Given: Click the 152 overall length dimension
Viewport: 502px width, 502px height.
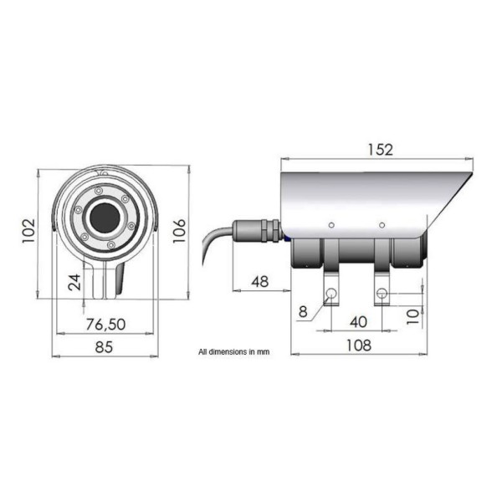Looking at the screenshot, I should click(379, 149).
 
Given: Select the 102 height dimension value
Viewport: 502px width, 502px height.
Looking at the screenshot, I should click(27, 228).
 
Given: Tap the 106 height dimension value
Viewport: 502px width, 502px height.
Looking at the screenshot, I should click(180, 228).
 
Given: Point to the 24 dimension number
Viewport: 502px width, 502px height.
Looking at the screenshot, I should click(74, 282).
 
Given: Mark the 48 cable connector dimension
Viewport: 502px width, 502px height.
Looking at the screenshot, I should click(259, 281).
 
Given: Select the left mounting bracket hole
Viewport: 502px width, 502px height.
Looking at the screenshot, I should click(332, 293).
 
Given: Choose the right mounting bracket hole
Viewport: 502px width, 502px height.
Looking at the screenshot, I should click(382, 293).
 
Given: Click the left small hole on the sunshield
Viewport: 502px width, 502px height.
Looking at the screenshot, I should click(332, 224).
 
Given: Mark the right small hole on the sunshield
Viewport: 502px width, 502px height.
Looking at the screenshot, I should click(382, 224).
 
